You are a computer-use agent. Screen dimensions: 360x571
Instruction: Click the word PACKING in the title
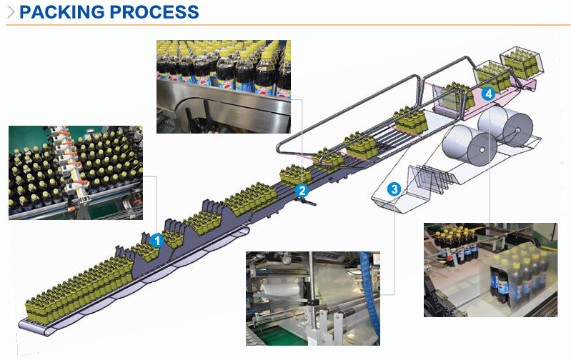point(57,12)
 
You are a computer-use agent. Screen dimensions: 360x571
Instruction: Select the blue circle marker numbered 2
point(302,190)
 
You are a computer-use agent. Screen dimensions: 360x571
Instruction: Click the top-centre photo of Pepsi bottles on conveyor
point(223,86)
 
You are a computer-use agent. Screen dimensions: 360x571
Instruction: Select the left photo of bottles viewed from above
point(75,172)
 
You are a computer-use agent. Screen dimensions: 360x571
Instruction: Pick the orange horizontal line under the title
point(286,26)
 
